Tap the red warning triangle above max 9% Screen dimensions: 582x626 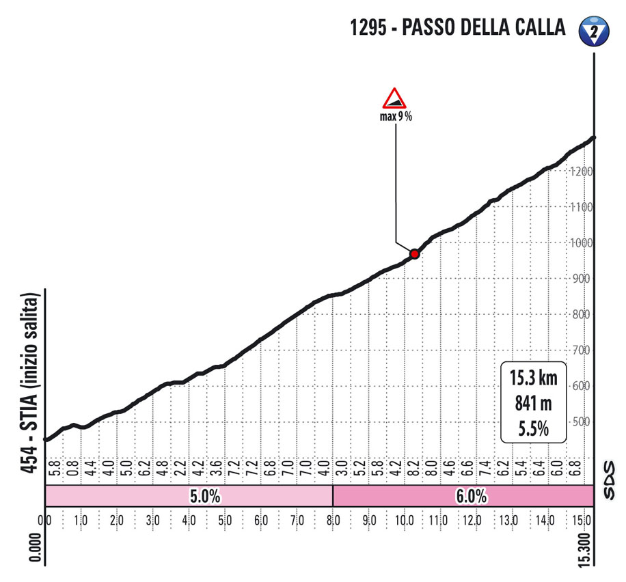(x=394, y=98)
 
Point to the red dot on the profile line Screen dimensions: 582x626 (x=414, y=253)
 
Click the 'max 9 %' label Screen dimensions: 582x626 (x=396, y=116)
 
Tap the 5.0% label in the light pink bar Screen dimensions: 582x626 (x=204, y=497)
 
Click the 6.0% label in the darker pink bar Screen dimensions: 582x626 (x=472, y=497)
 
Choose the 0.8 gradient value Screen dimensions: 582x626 (x=72, y=471)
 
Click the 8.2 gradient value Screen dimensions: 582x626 (x=413, y=471)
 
